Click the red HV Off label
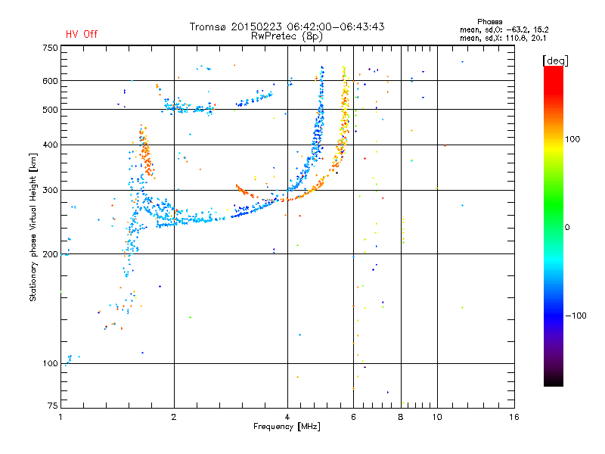pyautogui.click(x=82, y=34)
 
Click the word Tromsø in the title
pyautogui.click(x=209, y=26)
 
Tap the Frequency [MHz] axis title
pyautogui.click(x=287, y=428)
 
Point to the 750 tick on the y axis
pyautogui.click(x=50, y=48)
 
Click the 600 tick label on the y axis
pyautogui.click(x=50, y=81)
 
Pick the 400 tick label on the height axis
pyautogui.click(x=50, y=145)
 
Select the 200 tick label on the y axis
pyautogui.click(x=50, y=254)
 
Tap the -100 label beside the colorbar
pyautogui.click(x=575, y=316)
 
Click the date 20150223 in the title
pyautogui.click(x=253, y=26)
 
